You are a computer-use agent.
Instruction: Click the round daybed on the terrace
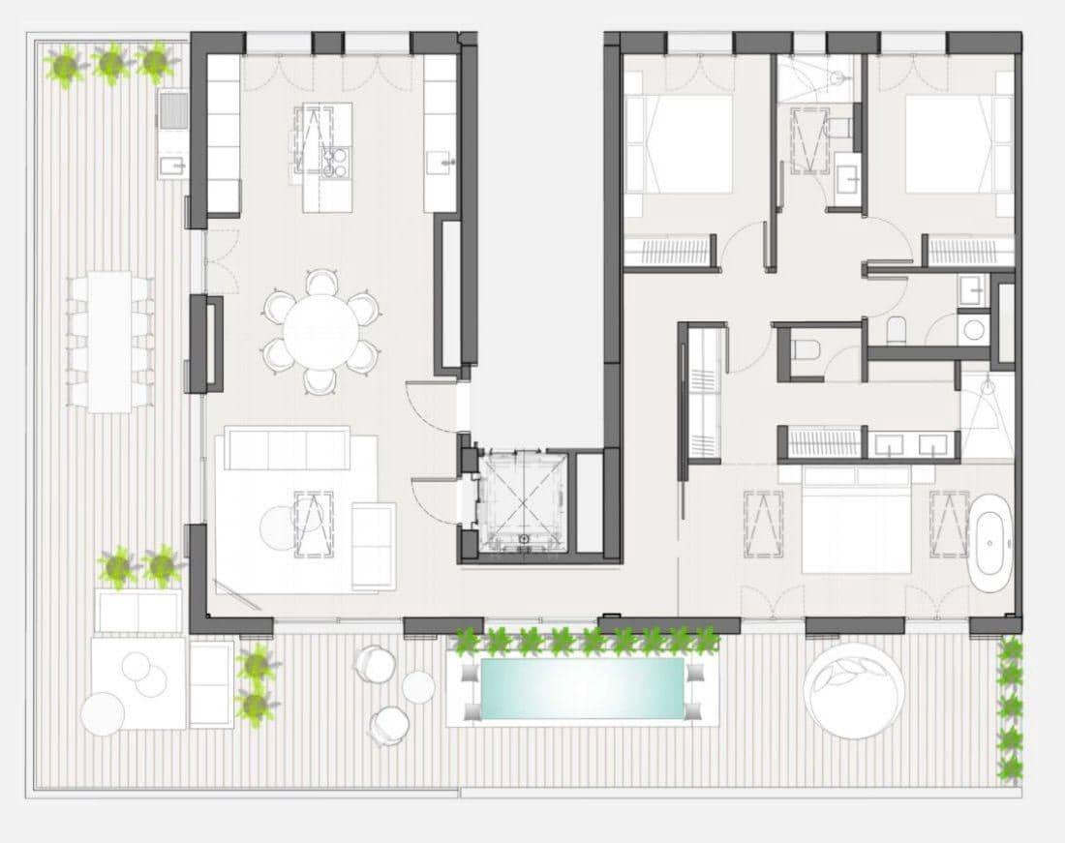click(x=854, y=689)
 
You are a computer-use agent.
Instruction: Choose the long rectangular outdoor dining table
click(x=109, y=340)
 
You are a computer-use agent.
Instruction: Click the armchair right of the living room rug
click(x=373, y=544)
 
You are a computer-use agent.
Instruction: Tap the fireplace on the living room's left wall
click(x=207, y=344)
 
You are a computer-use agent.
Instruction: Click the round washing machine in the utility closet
click(x=973, y=329)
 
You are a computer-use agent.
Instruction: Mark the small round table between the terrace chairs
click(x=418, y=687)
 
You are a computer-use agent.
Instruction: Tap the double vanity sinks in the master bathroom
click(x=913, y=444)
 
